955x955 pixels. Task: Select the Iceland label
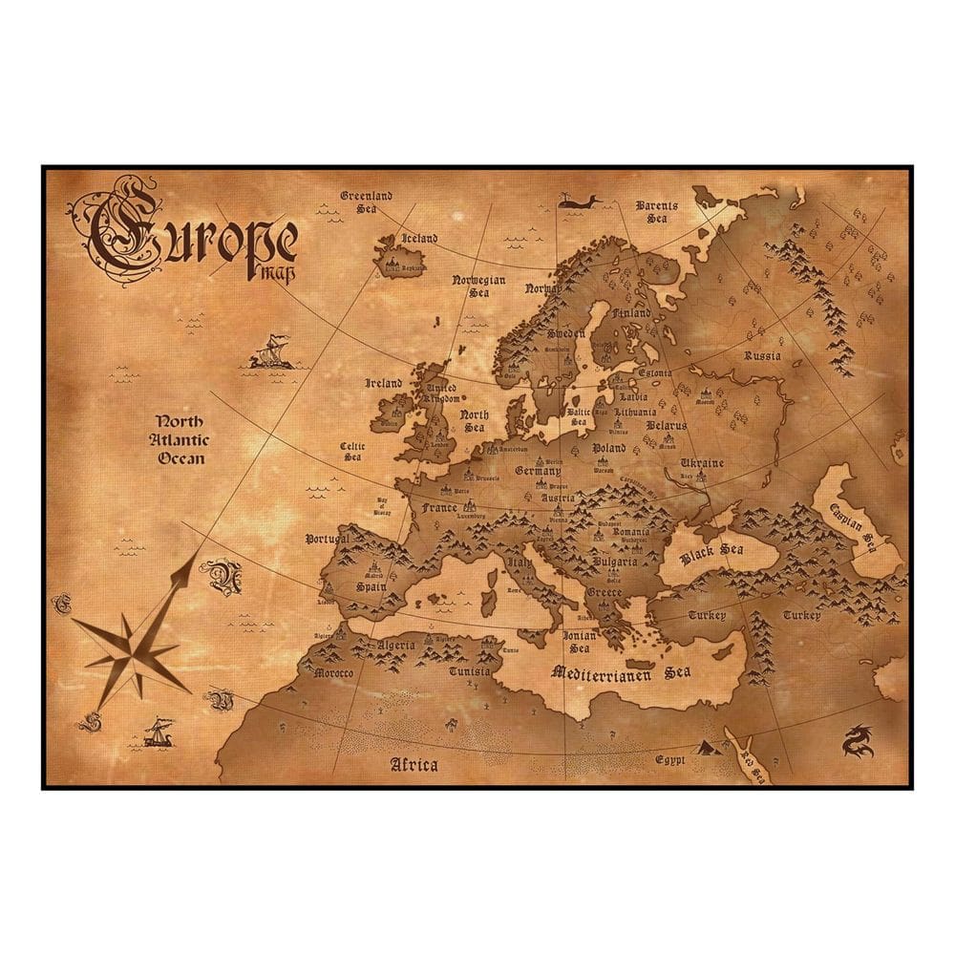[x=419, y=238]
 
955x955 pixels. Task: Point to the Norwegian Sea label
[x=478, y=287]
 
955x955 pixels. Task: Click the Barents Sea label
[x=657, y=211]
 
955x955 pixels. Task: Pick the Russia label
[x=762, y=356]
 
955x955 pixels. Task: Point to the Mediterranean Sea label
[x=622, y=672]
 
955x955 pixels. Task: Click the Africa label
[x=414, y=764]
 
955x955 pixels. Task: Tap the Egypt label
[x=671, y=760]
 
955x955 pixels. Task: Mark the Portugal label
[x=329, y=540]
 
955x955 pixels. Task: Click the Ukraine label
[x=702, y=463]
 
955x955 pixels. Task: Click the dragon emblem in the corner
[x=857, y=741]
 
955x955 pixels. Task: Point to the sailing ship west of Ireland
[x=270, y=352]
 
